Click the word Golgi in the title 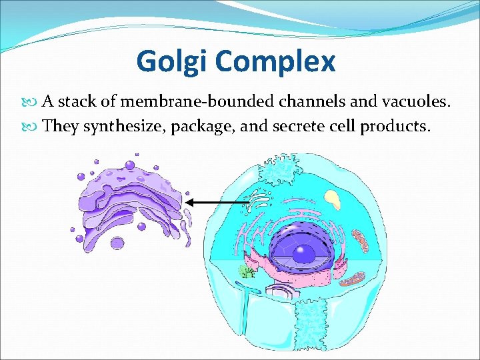(x=173, y=61)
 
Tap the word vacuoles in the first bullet (x=421, y=101)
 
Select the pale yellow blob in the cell (x=331, y=197)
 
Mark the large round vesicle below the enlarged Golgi (x=117, y=243)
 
